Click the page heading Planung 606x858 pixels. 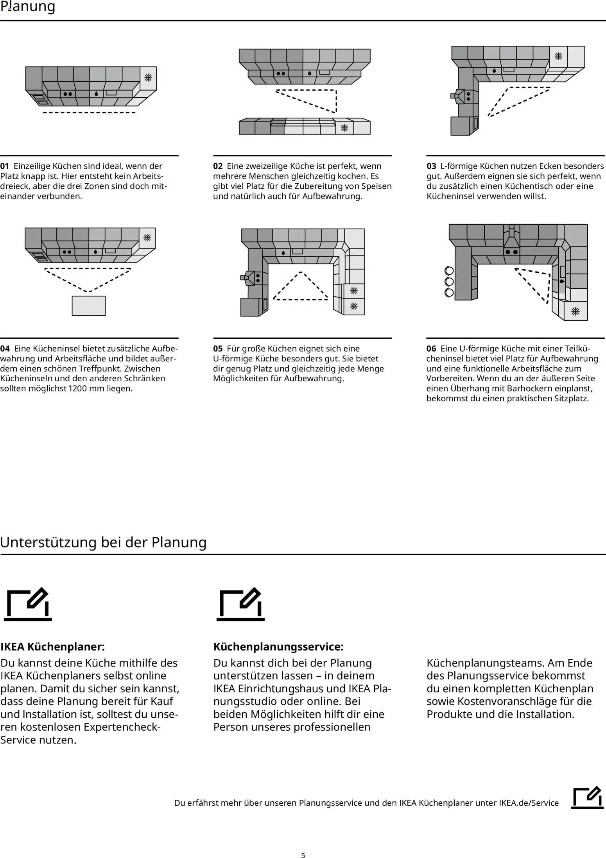28,7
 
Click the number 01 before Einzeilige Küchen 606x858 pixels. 4,166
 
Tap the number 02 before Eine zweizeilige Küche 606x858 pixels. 218,166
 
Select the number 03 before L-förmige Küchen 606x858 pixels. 431,166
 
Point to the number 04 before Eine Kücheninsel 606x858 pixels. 5,349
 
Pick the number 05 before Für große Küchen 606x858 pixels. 218,349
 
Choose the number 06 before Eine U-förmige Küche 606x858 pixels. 431,349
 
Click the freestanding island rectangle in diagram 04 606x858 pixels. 89,306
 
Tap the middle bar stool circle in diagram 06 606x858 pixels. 449,281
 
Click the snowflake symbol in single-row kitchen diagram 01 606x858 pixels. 148,78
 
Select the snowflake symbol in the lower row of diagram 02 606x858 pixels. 344,128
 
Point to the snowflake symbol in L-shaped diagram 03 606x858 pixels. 558,56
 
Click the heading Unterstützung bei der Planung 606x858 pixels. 103,542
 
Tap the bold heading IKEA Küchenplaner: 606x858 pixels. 52,646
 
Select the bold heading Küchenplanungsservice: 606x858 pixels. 278,646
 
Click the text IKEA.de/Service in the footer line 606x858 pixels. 529,803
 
